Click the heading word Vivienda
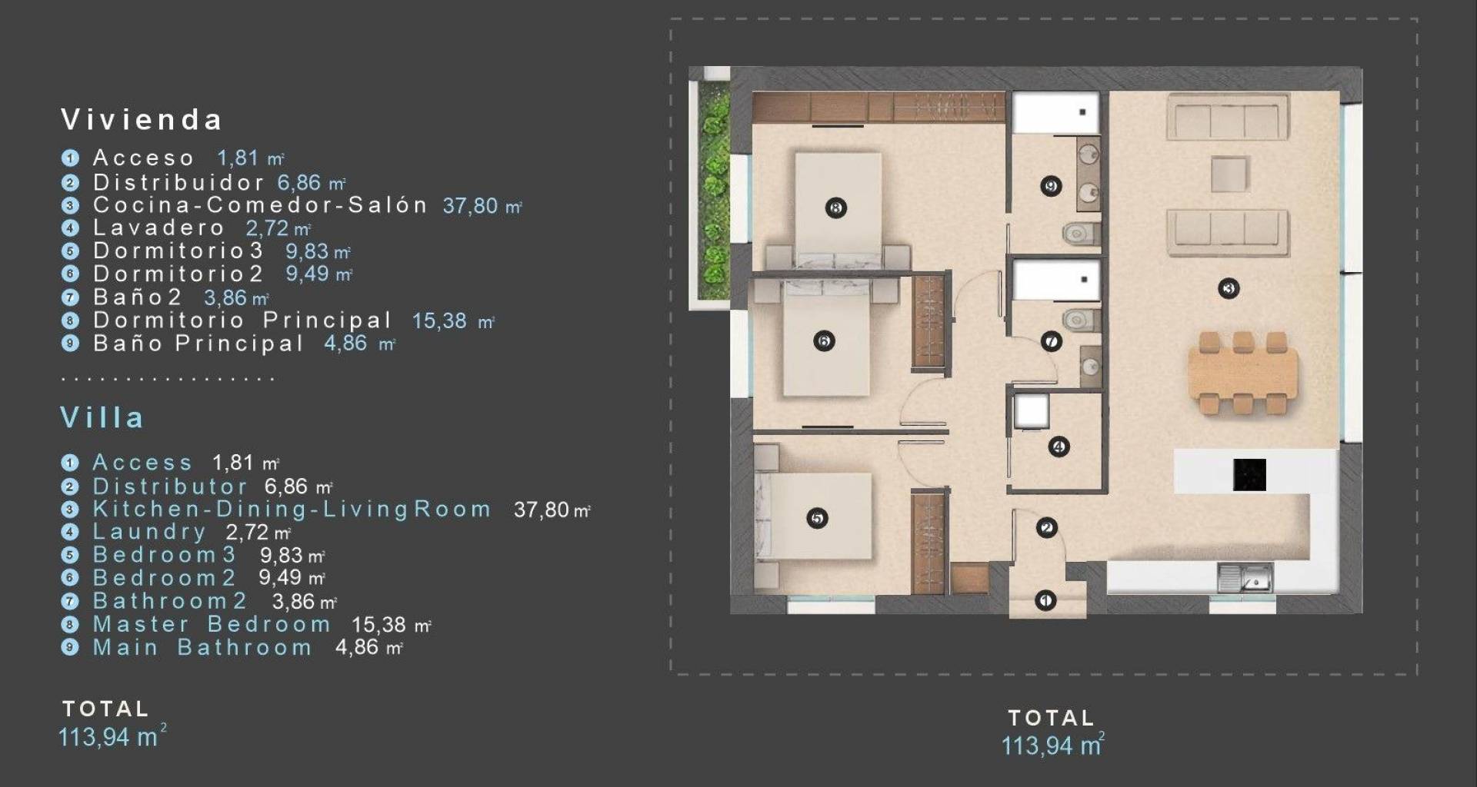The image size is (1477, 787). pyautogui.click(x=142, y=120)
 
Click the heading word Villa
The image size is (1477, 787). pyautogui.click(x=102, y=417)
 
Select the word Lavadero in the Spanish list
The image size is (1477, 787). pyautogui.click(x=158, y=228)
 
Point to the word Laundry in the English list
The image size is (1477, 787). pyautogui.click(x=149, y=532)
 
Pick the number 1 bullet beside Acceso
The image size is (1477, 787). pyautogui.click(x=70, y=158)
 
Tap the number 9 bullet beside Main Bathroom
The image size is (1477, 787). pyautogui.click(x=70, y=647)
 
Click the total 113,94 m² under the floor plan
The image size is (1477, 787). pyautogui.click(x=1052, y=744)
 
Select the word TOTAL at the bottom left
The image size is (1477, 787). pyautogui.click(x=105, y=709)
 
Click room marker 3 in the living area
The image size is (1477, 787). pyautogui.click(x=1229, y=289)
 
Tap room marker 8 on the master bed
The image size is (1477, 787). pyautogui.click(x=835, y=208)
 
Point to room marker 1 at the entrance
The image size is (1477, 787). pyautogui.click(x=1045, y=600)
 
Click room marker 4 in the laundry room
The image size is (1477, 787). pyautogui.click(x=1059, y=447)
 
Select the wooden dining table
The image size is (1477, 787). pyautogui.click(x=1242, y=374)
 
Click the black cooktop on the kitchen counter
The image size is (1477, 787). pyautogui.click(x=1249, y=474)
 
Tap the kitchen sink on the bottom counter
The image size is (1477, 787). pyautogui.click(x=1245, y=577)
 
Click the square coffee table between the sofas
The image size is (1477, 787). pyautogui.click(x=1229, y=174)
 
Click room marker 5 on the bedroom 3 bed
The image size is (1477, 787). pyautogui.click(x=817, y=519)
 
